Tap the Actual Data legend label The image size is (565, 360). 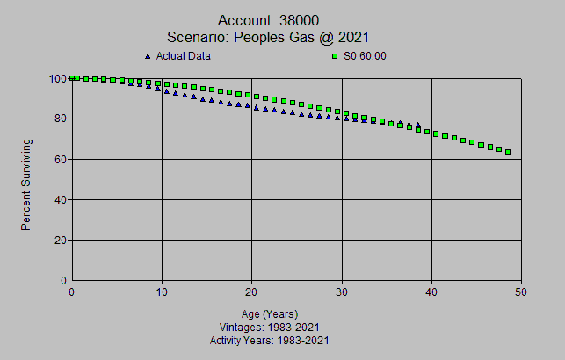point(183,56)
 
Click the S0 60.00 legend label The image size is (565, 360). point(366,56)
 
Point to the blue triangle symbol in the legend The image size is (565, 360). point(148,56)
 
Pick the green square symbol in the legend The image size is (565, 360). point(335,56)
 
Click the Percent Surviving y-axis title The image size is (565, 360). point(26,184)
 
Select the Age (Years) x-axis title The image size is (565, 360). point(269,313)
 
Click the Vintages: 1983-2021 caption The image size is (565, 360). point(269,327)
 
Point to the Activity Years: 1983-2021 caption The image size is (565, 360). point(269,340)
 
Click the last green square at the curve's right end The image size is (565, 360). point(508,152)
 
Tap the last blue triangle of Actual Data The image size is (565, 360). point(417,125)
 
